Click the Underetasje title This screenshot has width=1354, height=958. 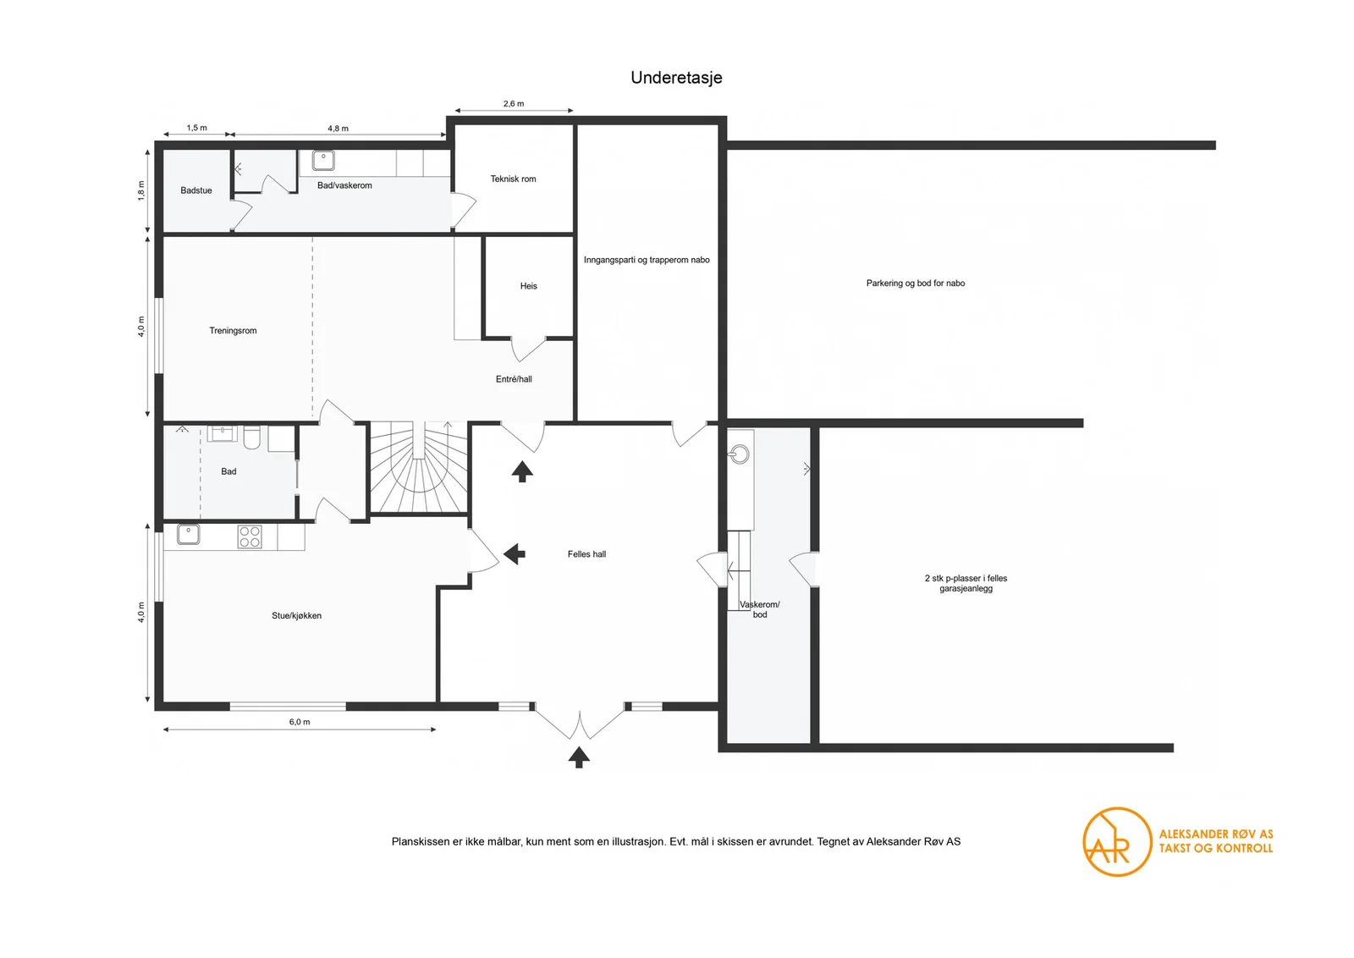[x=676, y=78]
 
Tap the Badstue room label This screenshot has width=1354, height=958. [x=196, y=190]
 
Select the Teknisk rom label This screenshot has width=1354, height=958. [x=513, y=179]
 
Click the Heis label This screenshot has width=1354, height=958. [x=529, y=286]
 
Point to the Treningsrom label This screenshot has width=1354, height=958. [x=234, y=331]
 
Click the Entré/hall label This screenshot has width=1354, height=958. [x=514, y=379]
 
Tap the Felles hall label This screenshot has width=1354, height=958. [x=587, y=553]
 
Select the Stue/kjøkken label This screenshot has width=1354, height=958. [x=297, y=615]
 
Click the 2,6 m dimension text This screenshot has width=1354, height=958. [x=514, y=103]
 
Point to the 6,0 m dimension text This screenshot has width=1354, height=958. [x=300, y=722]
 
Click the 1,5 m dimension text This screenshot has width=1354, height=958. [x=196, y=128]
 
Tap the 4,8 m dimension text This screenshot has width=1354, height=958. [x=338, y=128]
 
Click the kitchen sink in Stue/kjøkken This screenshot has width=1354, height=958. [x=188, y=534]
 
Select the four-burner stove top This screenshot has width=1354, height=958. [x=250, y=537]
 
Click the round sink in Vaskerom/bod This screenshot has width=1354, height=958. [x=740, y=454]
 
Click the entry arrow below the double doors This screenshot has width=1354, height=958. [x=579, y=757]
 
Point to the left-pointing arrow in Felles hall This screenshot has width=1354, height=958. [x=515, y=553]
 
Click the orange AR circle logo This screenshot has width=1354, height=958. [x=1117, y=842]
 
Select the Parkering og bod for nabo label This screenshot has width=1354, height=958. [x=916, y=283]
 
